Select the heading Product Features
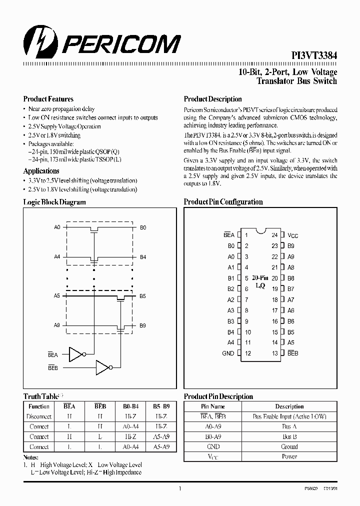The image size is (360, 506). [48, 99]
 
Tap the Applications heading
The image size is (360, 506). [41, 171]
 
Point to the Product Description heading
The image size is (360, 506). [212, 99]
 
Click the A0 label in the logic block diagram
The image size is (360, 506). [57, 227]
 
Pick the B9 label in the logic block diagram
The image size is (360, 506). [143, 325]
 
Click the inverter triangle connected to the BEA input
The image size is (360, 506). [75, 355]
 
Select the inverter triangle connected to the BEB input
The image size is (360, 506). [102, 368]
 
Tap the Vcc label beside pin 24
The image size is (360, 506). [293, 235]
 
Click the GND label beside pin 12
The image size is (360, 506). [228, 353]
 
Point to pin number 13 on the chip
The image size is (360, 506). [274, 353]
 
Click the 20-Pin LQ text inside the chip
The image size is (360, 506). [260, 281]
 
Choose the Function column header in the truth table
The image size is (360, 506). [39, 406]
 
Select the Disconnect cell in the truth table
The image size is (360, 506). [39, 416]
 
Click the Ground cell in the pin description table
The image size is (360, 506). [289, 446]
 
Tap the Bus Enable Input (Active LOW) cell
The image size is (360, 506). [289, 416]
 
